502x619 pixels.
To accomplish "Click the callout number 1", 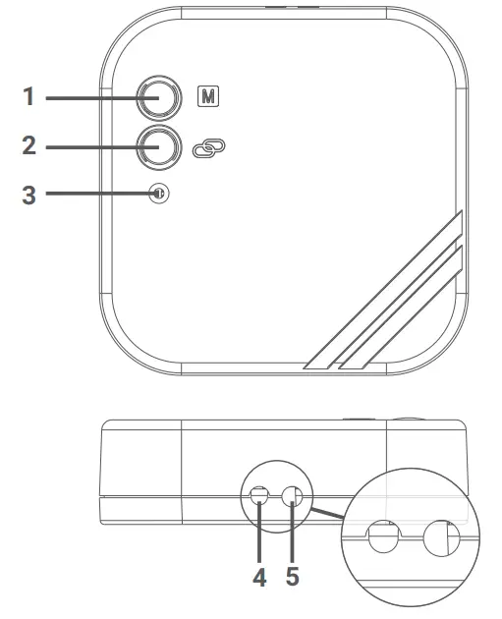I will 28,98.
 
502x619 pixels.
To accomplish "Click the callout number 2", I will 28,146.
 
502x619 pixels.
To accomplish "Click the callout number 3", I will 28,194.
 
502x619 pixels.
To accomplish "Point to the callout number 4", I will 259,577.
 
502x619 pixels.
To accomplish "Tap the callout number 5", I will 292,577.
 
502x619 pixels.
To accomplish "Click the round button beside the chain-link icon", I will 157,146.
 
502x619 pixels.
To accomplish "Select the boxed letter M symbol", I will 207,98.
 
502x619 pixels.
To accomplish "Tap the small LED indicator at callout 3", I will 157,194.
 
